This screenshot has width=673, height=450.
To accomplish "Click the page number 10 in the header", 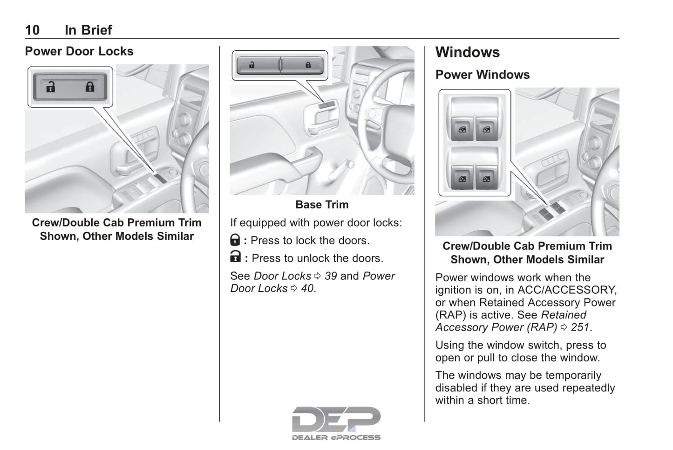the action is [32, 30].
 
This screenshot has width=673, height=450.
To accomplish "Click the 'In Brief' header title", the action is [88, 30].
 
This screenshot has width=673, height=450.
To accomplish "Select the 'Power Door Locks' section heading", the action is [79, 51].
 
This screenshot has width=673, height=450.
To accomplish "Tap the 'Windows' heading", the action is [468, 52].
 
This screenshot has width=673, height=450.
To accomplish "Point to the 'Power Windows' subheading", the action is [483, 75].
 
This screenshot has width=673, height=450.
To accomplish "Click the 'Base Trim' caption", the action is [322, 205].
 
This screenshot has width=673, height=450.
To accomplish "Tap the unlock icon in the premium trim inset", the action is [51, 87].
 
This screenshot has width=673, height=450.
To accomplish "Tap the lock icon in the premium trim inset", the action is [90, 87].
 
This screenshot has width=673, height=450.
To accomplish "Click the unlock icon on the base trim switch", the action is [252, 65].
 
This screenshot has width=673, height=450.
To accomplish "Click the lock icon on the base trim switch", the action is [308, 65].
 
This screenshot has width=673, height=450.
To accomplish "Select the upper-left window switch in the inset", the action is [462, 129].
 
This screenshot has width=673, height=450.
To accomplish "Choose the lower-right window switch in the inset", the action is [486, 179].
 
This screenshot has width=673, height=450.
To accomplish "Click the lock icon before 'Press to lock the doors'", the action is [235, 240].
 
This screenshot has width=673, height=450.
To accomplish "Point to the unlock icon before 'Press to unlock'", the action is [235, 256].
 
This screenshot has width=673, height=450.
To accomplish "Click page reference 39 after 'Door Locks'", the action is [331, 276].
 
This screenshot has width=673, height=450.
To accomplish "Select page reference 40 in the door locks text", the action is [307, 289].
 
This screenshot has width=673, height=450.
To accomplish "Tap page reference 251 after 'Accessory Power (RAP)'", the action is [580, 327].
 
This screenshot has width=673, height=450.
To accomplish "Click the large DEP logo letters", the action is [336, 420].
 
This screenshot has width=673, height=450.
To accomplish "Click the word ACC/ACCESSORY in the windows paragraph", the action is [567, 290].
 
